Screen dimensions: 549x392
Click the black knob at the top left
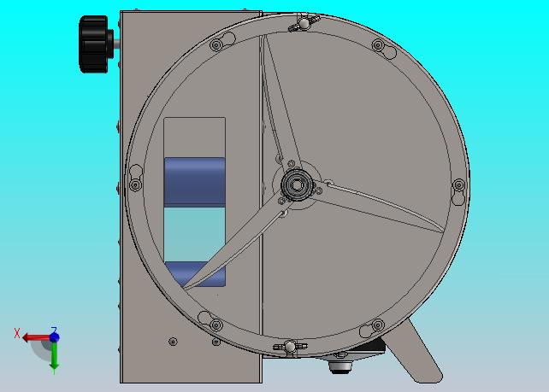coord(94,44)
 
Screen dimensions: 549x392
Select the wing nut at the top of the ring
coord(304,23)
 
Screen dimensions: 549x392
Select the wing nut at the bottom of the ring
coord(290,347)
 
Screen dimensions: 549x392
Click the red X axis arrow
coord(36,337)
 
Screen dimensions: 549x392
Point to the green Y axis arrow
coord(54,355)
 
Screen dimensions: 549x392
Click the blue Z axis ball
coord(54,337)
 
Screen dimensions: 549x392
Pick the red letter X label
coord(17,333)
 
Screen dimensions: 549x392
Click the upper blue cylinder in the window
coord(195,182)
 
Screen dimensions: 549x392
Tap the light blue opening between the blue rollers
coord(195,234)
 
